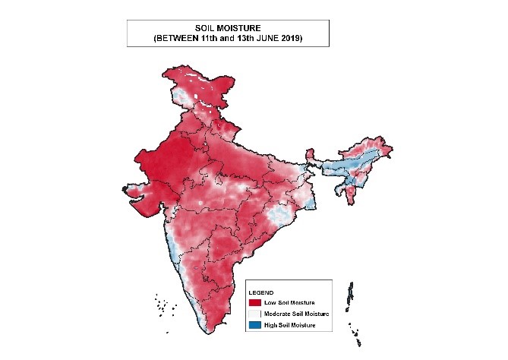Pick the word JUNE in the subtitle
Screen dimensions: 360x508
[x=276, y=38]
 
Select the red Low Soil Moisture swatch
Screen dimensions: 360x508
[x=254, y=303]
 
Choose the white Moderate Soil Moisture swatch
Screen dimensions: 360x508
[x=254, y=314]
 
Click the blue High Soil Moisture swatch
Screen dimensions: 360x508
[x=254, y=325]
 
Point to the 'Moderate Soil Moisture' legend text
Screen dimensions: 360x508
[x=294, y=314]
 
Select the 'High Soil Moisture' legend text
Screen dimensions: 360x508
[x=289, y=325]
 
